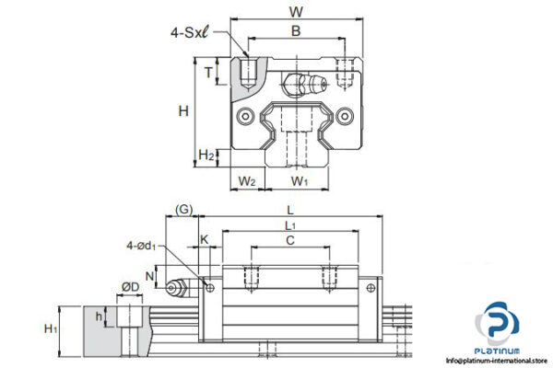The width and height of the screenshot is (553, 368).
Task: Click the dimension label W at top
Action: pyautogui.click(x=296, y=12)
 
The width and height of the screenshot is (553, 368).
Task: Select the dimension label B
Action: pyautogui.click(x=295, y=31)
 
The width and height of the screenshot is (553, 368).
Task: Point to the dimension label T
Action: pyautogui.click(x=209, y=73)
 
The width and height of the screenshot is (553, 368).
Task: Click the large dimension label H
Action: pyautogui.click(x=183, y=111)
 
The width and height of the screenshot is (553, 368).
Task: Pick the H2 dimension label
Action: pyautogui.click(x=206, y=155)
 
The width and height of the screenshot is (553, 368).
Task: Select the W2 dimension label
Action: pyautogui.click(x=246, y=180)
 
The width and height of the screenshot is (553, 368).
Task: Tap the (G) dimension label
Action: pyautogui.click(x=183, y=210)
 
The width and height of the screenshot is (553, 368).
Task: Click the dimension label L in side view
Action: pyautogui.click(x=290, y=210)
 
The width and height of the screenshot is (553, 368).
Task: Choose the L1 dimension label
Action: pyautogui.click(x=290, y=226)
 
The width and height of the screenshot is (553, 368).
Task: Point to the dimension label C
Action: pyautogui.click(x=290, y=242)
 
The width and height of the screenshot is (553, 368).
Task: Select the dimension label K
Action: pyautogui.click(x=205, y=240)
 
